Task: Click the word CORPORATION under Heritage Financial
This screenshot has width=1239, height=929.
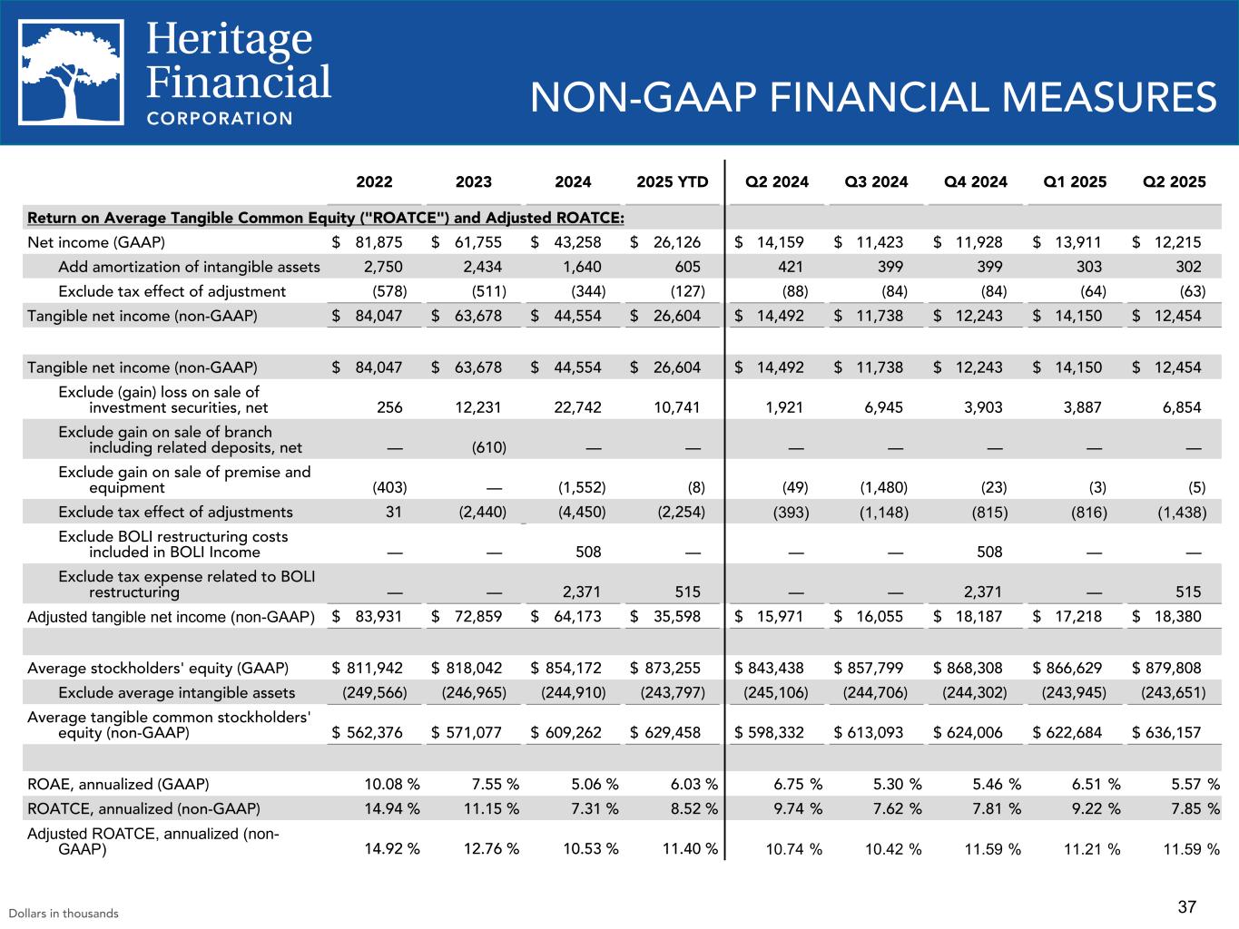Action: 220,118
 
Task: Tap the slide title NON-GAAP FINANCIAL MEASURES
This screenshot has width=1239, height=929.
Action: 872,98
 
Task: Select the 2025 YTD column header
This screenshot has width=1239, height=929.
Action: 673,181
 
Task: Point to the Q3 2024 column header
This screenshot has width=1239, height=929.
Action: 876,181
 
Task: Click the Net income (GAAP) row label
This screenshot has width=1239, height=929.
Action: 96,242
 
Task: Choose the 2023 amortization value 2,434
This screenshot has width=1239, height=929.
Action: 483,267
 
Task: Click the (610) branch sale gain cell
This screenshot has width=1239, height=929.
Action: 487,447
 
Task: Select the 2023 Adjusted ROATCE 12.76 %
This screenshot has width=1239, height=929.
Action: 491,849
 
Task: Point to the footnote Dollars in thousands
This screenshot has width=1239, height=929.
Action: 64,914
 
